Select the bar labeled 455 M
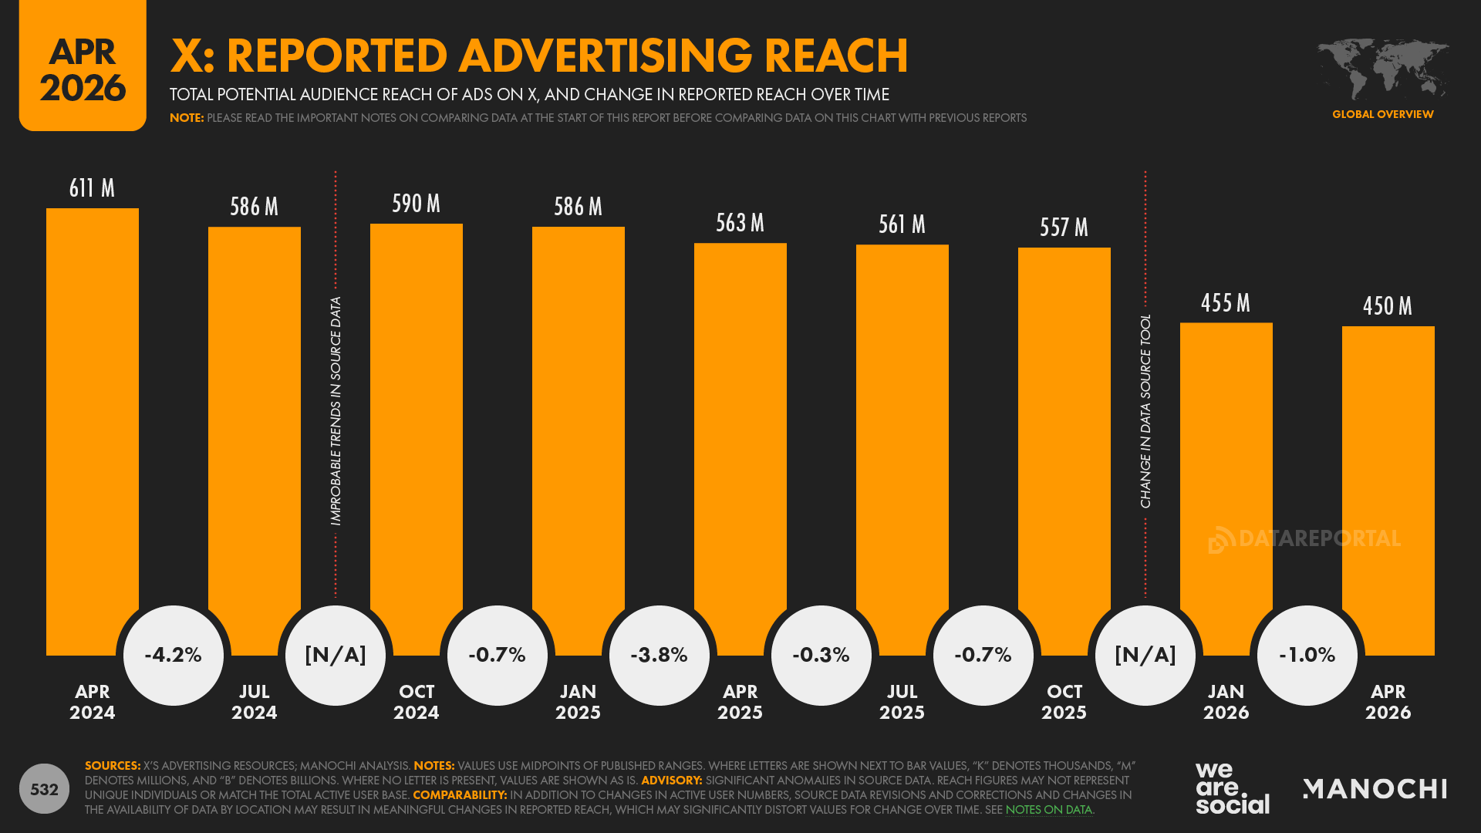point(1226,463)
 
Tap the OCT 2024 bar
point(417,432)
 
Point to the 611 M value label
point(92,188)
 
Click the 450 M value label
point(1388,306)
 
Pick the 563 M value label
point(740,223)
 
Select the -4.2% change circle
point(174,655)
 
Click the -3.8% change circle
point(660,655)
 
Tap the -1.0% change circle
point(1307,655)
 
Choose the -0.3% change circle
point(821,655)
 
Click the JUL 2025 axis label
point(902,702)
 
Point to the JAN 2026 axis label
point(1226,702)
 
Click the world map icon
point(1382,69)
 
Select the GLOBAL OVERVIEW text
point(1382,114)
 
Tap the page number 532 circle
point(44,789)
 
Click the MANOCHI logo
point(1375,788)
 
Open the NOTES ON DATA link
point(1048,810)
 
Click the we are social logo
point(1232,788)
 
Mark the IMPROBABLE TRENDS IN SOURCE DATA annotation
point(336,410)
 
